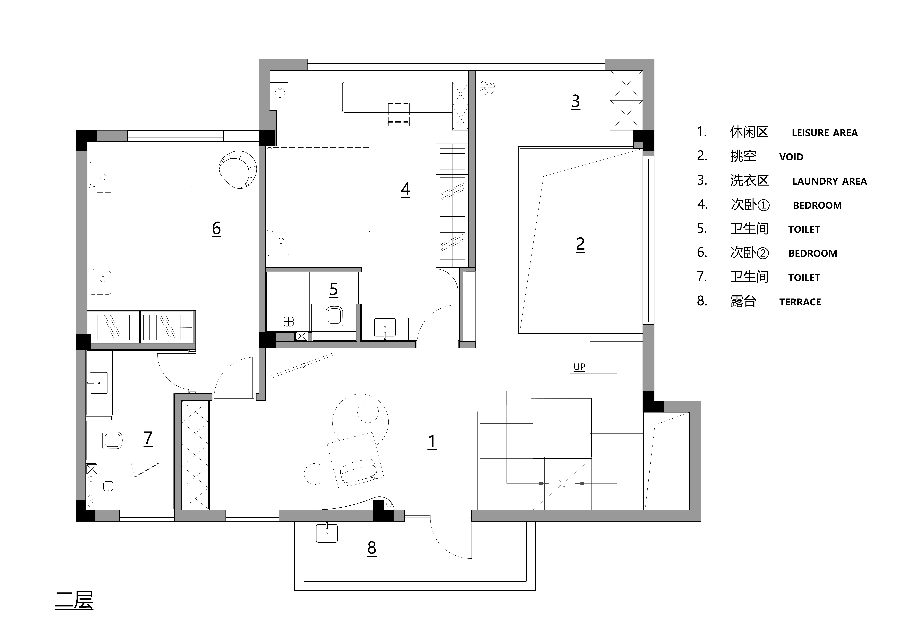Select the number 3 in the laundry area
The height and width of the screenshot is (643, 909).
[576, 101]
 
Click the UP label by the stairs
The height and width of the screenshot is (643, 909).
[579, 367]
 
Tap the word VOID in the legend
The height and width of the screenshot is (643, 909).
[791, 157]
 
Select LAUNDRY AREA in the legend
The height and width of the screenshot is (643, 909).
[829, 181]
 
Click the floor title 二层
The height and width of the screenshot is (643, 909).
[74, 601]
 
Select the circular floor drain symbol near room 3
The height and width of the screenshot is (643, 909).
[487, 87]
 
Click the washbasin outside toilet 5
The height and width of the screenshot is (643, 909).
[385, 328]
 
